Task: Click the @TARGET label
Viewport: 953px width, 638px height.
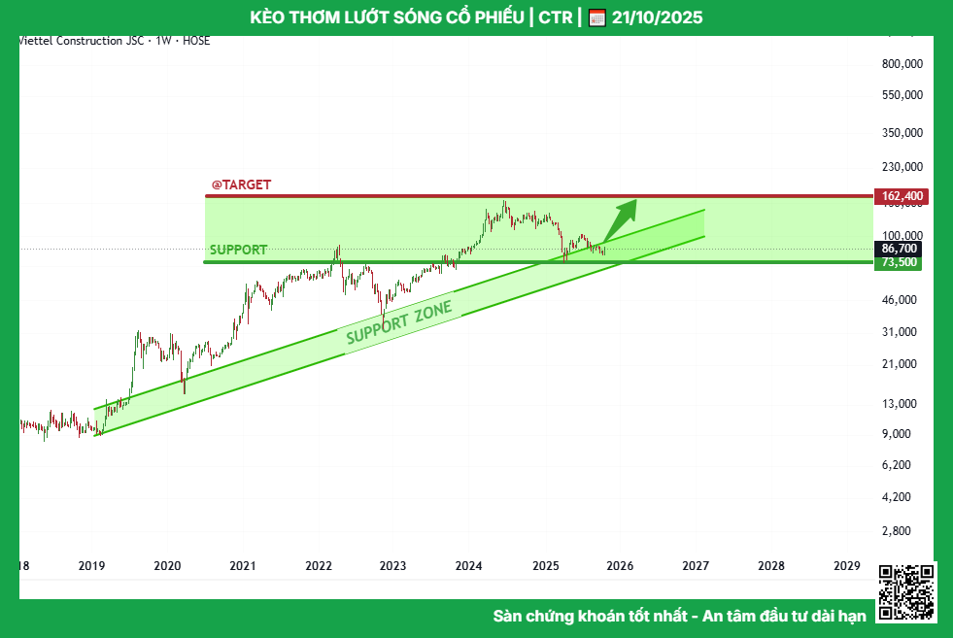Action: point(242,185)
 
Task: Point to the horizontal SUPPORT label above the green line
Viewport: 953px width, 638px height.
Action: point(238,250)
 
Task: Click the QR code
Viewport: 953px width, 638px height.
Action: point(906,592)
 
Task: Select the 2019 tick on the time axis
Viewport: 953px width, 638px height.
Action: point(91,566)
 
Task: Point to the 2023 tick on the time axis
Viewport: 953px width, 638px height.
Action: point(392,566)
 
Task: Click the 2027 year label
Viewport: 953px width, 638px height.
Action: point(696,566)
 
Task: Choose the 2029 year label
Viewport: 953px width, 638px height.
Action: point(847,566)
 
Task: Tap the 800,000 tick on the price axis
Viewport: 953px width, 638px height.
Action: point(902,64)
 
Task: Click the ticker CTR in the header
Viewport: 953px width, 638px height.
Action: point(555,17)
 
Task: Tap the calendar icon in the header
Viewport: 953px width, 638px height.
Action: point(597,17)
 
